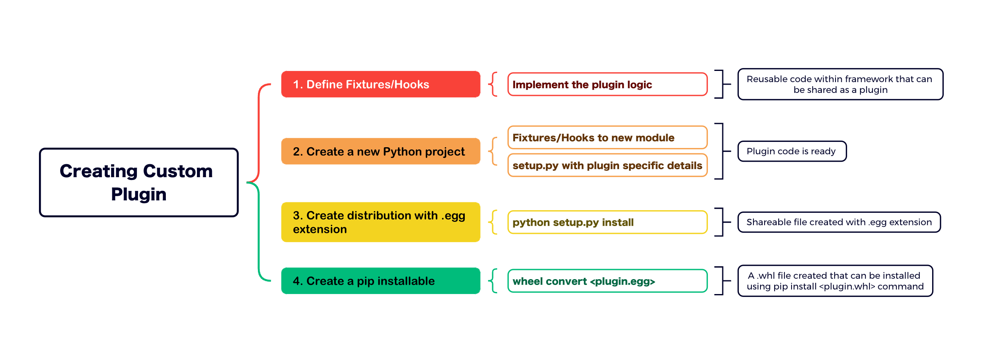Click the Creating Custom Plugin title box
[139, 182]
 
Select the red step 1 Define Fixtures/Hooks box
[381, 84]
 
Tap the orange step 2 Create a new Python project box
[381, 151]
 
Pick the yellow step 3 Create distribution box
[381, 222]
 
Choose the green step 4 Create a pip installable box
[381, 281]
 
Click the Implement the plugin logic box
[607, 84]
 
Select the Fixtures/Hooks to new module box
[607, 137]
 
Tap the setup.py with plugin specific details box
[607, 165]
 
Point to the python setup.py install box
[607, 222]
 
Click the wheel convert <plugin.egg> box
[607, 281]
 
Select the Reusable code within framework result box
[840, 84]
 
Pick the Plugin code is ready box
[792, 151]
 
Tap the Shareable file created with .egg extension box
[839, 222]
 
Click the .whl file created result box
[835, 281]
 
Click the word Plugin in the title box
[139, 195]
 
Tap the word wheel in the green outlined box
[529, 281]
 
